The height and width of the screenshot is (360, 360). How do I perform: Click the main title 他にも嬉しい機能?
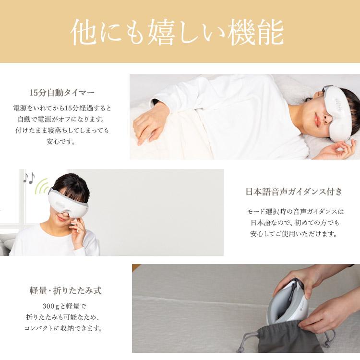coord(177,33)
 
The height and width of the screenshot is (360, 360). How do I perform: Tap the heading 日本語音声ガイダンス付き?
coord(294,192)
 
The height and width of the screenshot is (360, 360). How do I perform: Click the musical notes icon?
coord(29,179)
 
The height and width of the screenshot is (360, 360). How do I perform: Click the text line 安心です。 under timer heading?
coord(62,142)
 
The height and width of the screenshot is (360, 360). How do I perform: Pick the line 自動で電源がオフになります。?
coord(62,119)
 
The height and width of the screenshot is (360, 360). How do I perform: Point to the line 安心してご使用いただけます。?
coord(294,234)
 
